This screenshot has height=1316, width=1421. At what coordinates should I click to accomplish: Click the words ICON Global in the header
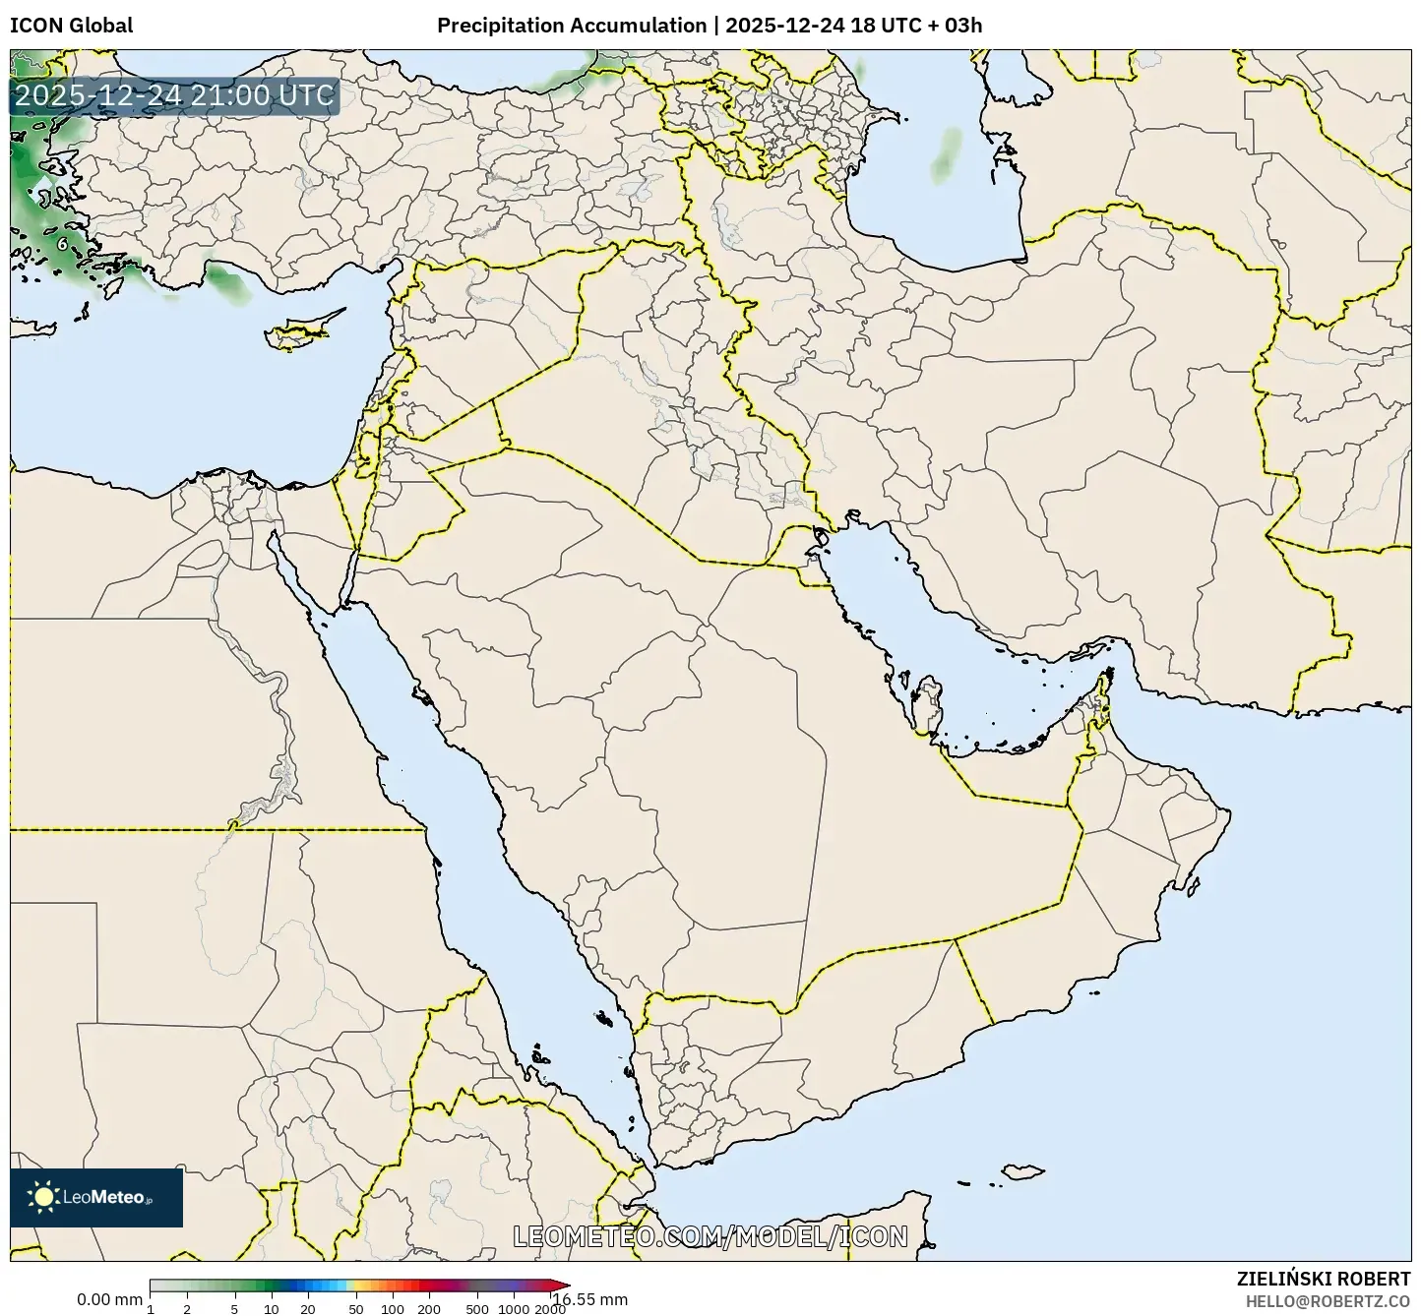pos(71,26)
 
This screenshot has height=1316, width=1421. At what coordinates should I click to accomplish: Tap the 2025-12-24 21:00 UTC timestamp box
pos(174,96)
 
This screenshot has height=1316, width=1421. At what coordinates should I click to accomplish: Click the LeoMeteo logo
pos(96,1197)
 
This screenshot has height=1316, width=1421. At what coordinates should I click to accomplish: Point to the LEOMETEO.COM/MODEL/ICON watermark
pos(710,1236)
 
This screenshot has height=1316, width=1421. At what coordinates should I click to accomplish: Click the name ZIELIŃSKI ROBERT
pos(1323,1279)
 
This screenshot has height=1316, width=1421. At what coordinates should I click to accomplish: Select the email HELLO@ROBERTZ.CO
pos(1328,1300)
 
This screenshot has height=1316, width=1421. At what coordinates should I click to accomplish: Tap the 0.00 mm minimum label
pos(109,1299)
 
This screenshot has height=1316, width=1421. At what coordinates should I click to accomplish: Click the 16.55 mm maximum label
pos(590,1299)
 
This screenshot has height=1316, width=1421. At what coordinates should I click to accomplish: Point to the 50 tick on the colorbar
pos(356,1308)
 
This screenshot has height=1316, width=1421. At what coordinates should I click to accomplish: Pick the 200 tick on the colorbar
pos(429,1308)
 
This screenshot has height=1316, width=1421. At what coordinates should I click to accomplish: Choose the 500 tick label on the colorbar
pos(477,1308)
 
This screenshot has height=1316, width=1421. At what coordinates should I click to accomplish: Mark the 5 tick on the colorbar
pos(234,1308)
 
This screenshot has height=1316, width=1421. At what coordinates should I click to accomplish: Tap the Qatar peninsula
pos(925,706)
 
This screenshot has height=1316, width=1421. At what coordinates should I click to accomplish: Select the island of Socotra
pos(1031,1171)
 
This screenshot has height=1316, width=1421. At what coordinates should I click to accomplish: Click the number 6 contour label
pos(62,242)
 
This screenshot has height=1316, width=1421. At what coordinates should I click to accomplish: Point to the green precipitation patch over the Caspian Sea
pos(950,151)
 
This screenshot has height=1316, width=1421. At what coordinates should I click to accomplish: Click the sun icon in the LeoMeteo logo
pos(43,1197)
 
